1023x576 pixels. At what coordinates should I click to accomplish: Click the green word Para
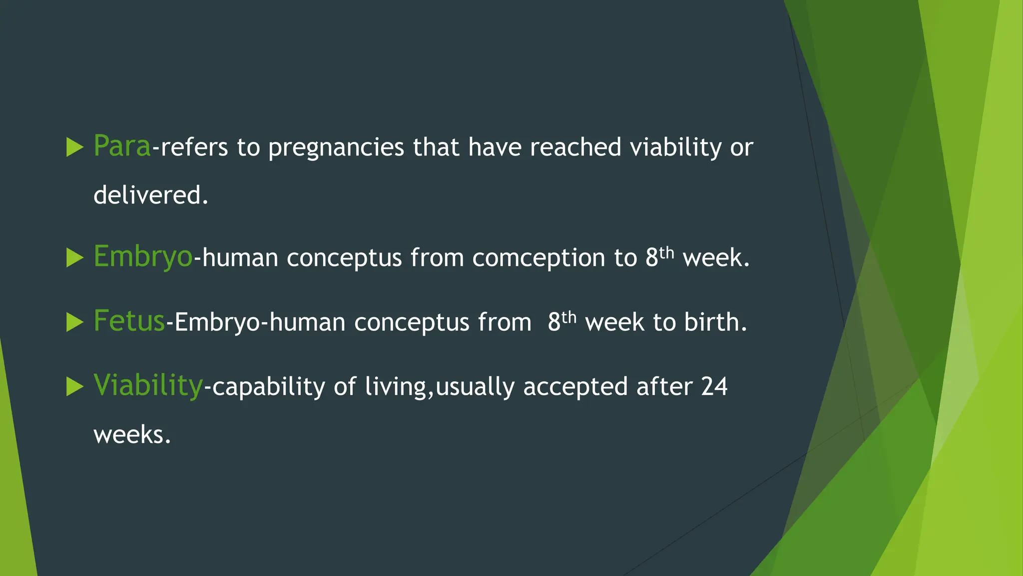click(x=122, y=146)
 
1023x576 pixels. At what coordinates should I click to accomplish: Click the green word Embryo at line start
click(x=143, y=257)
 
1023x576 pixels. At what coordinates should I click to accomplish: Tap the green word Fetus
click(x=129, y=321)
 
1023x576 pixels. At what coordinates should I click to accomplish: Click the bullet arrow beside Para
click(x=74, y=147)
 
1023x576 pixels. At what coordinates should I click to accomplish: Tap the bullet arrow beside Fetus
click(x=74, y=322)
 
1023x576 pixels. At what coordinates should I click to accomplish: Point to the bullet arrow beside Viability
click(x=74, y=386)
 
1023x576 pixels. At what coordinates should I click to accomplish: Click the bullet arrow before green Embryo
click(x=74, y=258)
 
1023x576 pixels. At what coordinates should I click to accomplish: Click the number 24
click(x=714, y=386)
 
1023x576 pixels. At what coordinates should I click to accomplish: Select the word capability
click(x=268, y=387)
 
